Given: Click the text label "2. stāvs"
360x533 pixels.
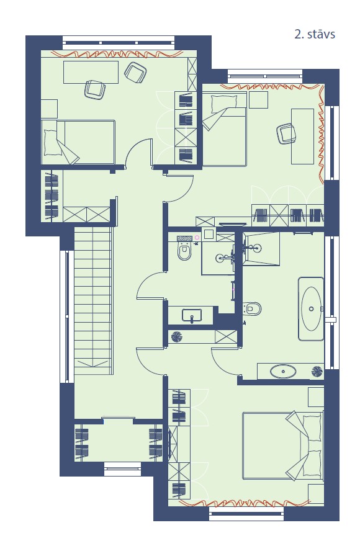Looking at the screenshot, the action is coord(315,34).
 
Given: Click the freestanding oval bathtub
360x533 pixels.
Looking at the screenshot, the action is coord(311,308).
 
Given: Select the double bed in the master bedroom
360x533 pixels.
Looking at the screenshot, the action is coord(282,446).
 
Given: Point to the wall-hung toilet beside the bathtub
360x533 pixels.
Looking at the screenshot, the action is coord(253,308).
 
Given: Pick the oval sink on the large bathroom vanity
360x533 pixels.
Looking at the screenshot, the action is coord(283,371).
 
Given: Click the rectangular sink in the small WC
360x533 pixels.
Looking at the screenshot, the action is coord(192,315).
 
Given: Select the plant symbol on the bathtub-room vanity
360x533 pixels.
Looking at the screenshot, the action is coord(317,371).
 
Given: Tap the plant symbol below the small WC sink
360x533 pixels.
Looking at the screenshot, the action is coord(177,336).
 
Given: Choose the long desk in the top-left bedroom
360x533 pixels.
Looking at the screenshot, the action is coord(91,72).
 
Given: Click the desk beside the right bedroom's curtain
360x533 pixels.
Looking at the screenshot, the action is coord(302,137).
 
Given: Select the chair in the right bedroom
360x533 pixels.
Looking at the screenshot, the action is coord(286,133).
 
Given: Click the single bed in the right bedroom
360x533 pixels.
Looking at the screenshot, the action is coord(224,129).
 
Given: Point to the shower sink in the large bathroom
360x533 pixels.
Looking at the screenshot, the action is coord(254,248).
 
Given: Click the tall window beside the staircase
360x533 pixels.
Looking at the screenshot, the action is coord(67,316).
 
